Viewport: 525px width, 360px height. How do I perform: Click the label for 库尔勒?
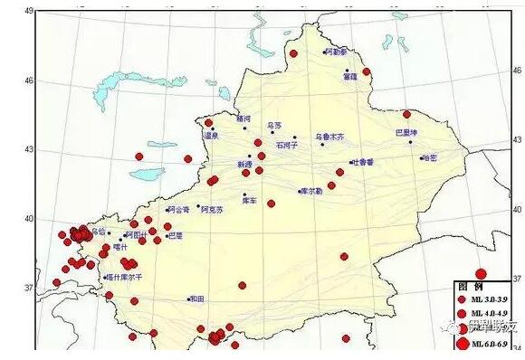click(310, 191)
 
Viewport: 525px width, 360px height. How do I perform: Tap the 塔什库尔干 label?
click(125, 277)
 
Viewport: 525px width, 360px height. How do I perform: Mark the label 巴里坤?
click(407, 133)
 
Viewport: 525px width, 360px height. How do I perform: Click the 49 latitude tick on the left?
click(28, 11)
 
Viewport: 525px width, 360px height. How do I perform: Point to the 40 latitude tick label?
click(28, 218)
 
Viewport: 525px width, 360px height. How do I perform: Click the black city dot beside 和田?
click(188, 298)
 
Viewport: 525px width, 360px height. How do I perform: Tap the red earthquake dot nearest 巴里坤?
click(406, 114)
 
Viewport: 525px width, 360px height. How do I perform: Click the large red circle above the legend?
click(481, 273)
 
